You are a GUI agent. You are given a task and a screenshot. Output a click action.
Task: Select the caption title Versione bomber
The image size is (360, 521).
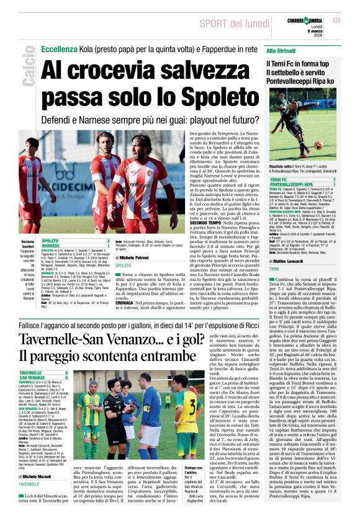(27, 244)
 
